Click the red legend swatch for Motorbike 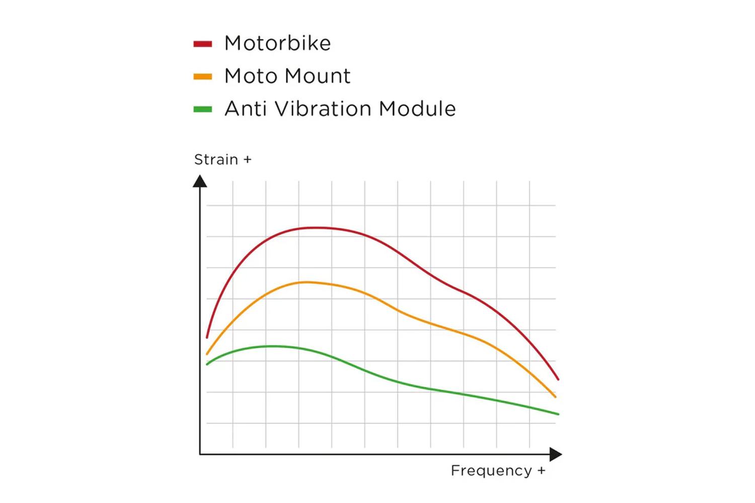(202, 44)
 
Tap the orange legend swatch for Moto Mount (202, 77)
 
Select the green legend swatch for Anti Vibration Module (202, 109)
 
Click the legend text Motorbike (277, 43)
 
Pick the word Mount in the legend (318, 76)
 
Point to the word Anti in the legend (245, 109)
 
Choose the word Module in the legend (417, 109)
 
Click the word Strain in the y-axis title (216, 159)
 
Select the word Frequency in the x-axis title (491, 471)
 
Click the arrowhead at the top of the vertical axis (200, 181)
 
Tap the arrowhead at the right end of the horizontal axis (555, 454)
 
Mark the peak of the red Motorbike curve (315, 228)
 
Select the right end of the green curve (558, 414)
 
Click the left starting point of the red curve (207, 337)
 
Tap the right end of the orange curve (555, 396)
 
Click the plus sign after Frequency (541, 471)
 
